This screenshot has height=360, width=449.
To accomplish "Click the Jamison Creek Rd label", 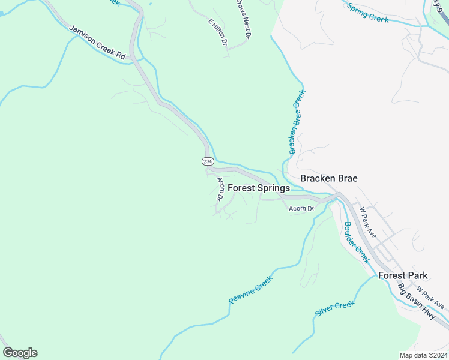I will [97, 42].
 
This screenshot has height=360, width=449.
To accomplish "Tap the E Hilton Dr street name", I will [217, 32].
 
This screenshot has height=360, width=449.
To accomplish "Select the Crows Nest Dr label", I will [243, 17].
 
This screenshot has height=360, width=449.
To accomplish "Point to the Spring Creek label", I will [368, 12].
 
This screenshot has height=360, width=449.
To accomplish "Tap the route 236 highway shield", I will [207, 161].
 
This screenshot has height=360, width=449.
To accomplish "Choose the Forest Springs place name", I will [259, 188].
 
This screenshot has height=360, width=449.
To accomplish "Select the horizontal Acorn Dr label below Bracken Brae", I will [301, 209].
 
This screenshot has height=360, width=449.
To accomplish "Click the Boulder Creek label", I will [356, 242].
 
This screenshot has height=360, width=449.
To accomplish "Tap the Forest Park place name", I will [403, 275].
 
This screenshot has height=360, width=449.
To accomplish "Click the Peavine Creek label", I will [250, 289].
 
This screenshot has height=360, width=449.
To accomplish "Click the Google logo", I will [20, 353].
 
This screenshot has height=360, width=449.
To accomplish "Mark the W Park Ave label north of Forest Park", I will [367, 223].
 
